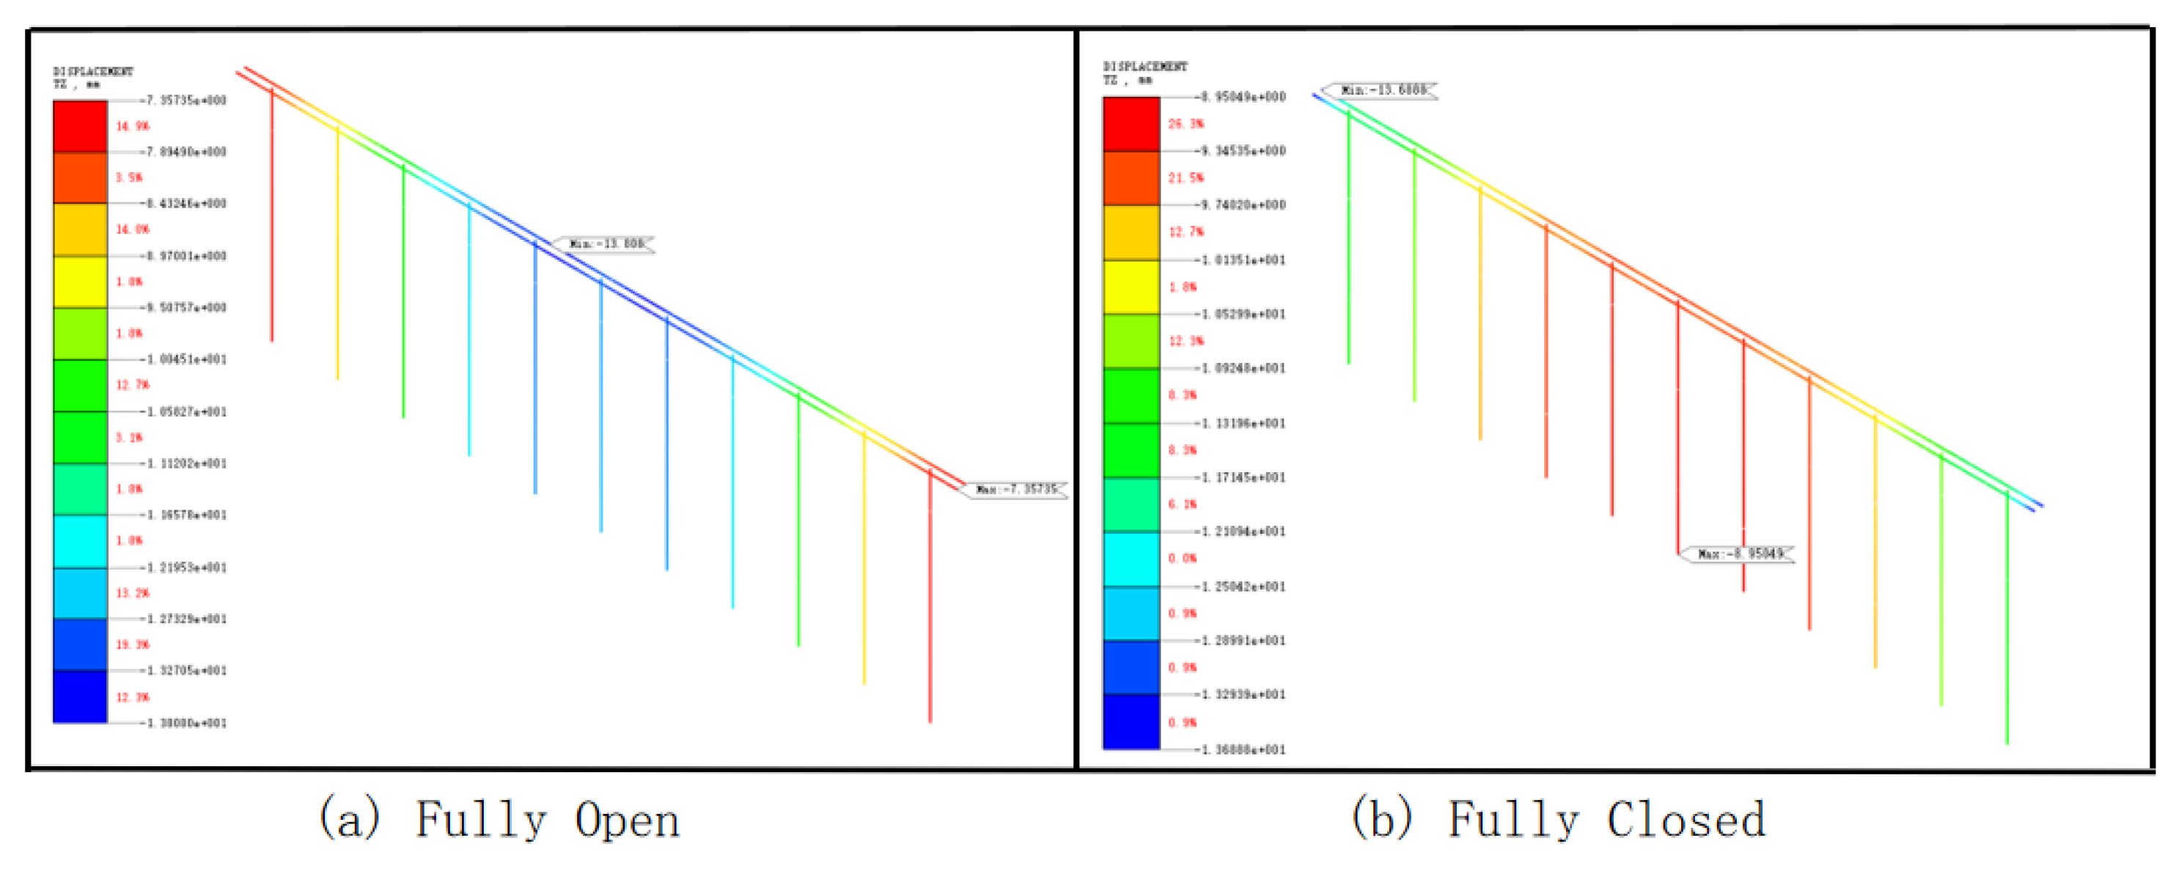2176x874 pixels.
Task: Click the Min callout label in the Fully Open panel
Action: click(x=605, y=244)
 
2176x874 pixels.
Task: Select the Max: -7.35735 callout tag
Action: click(x=1015, y=490)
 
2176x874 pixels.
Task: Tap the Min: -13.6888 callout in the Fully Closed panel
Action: click(x=1382, y=89)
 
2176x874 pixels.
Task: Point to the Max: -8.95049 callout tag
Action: click(x=1739, y=554)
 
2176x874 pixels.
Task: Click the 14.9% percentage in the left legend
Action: click(x=132, y=127)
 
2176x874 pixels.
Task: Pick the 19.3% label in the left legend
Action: click(x=132, y=645)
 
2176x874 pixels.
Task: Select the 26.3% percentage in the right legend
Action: click(x=1185, y=124)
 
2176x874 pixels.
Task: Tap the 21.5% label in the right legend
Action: click(x=1185, y=178)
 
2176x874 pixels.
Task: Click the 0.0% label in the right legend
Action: click(x=1182, y=559)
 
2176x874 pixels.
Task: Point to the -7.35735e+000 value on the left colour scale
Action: click(x=185, y=100)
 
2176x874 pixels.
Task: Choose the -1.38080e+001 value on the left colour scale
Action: click(x=185, y=724)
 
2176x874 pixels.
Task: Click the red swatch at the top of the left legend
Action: click(x=80, y=127)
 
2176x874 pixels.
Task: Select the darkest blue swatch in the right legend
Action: click(x=1131, y=722)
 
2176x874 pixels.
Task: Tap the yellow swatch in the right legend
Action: click(x=1131, y=287)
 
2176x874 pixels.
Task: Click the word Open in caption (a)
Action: click(x=627, y=820)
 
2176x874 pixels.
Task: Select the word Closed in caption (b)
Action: click(x=1686, y=820)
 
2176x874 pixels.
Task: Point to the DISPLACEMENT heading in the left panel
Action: click(x=93, y=72)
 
